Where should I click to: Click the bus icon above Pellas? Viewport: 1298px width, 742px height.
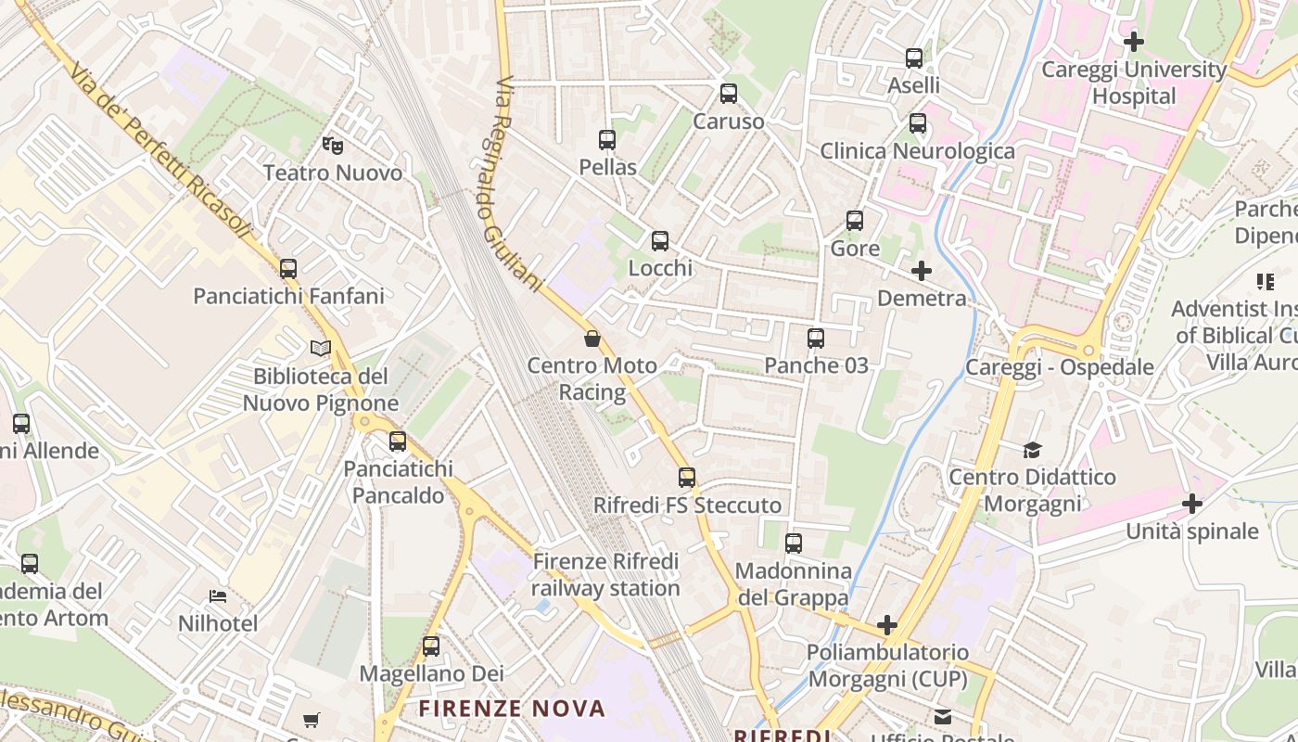coord(607,140)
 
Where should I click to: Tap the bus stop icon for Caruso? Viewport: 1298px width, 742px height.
coord(729,94)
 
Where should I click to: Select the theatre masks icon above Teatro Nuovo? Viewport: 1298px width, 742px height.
coord(332,145)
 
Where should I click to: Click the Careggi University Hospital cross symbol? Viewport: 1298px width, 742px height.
coord(1133,42)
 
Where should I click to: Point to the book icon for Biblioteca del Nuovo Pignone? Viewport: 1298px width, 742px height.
coord(321,348)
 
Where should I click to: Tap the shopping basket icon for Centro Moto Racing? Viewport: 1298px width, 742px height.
coord(592,339)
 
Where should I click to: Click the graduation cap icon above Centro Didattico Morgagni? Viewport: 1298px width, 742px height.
coord(1033,450)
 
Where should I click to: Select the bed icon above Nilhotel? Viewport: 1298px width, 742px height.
coord(218,595)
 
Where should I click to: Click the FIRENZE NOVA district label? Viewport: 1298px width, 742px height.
coord(512,710)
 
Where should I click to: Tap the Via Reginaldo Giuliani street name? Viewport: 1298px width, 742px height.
coord(517,185)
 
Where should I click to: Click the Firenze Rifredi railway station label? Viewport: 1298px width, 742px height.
coord(606,575)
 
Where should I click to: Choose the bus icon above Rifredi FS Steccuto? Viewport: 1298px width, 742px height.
coord(687,478)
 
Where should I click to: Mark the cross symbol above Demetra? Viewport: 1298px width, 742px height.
coord(922,271)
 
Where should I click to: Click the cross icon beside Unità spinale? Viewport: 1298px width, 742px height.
coord(1192,504)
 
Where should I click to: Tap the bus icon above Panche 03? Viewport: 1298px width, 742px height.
coord(816,339)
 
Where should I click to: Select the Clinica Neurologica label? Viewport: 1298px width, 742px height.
coord(917,150)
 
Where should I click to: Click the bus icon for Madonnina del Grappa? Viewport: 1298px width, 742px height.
coord(794,544)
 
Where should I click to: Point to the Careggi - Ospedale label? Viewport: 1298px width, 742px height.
coord(1060,367)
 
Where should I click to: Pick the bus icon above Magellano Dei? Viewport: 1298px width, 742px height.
coord(431,646)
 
